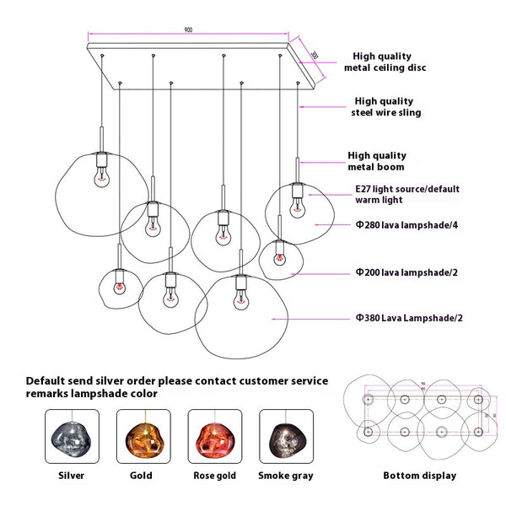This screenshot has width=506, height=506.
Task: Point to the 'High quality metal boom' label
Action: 376,160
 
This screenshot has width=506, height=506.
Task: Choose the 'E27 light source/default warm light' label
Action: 395,195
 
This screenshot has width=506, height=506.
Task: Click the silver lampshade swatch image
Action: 72,436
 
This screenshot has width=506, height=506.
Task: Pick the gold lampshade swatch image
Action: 143,436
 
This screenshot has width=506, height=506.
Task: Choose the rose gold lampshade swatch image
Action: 214,436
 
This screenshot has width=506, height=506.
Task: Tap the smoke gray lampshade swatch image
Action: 285,436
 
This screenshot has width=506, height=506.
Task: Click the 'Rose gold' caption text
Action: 214,476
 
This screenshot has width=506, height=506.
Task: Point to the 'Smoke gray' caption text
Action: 286,476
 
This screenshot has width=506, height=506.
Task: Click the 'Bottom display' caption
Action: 419,476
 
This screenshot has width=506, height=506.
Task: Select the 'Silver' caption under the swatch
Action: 72,476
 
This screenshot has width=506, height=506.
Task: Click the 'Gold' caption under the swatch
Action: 143,476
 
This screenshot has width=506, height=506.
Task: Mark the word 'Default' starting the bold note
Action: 48,380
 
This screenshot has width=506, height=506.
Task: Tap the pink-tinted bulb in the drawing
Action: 118,287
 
